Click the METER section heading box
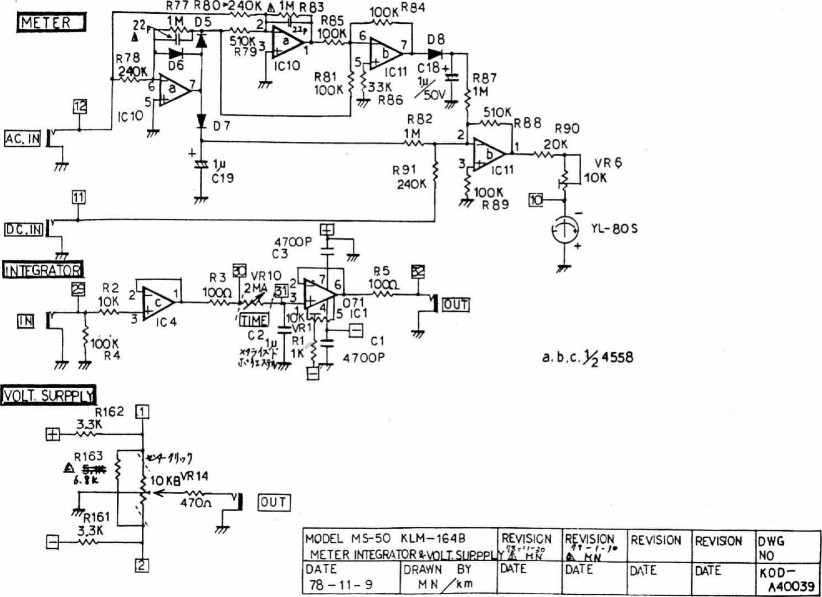[x=51, y=23]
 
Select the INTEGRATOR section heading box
[x=43, y=270]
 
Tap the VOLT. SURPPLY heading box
[x=48, y=396]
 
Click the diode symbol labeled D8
[x=435, y=54]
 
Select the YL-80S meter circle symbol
[x=564, y=229]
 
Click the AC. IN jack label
[x=23, y=139]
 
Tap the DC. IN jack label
[x=23, y=229]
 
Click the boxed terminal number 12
[x=80, y=107]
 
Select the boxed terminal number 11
[x=78, y=197]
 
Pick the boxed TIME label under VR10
[x=254, y=320]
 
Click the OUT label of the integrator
[x=455, y=305]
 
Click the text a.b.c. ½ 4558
[x=587, y=357]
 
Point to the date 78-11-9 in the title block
[x=341, y=584]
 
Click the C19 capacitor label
[x=223, y=178]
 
